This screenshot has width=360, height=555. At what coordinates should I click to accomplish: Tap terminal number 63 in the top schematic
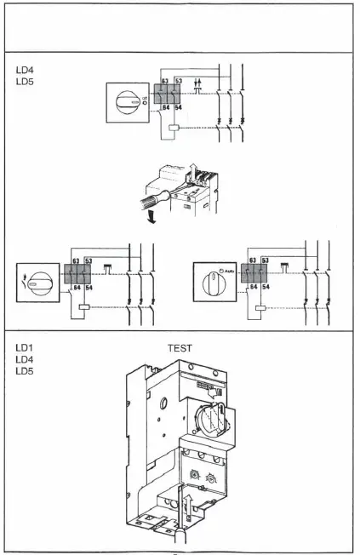point(165,81)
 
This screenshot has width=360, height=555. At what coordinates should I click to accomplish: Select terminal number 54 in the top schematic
point(179,108)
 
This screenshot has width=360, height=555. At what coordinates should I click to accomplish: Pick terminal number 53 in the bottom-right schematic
point(264,260)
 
